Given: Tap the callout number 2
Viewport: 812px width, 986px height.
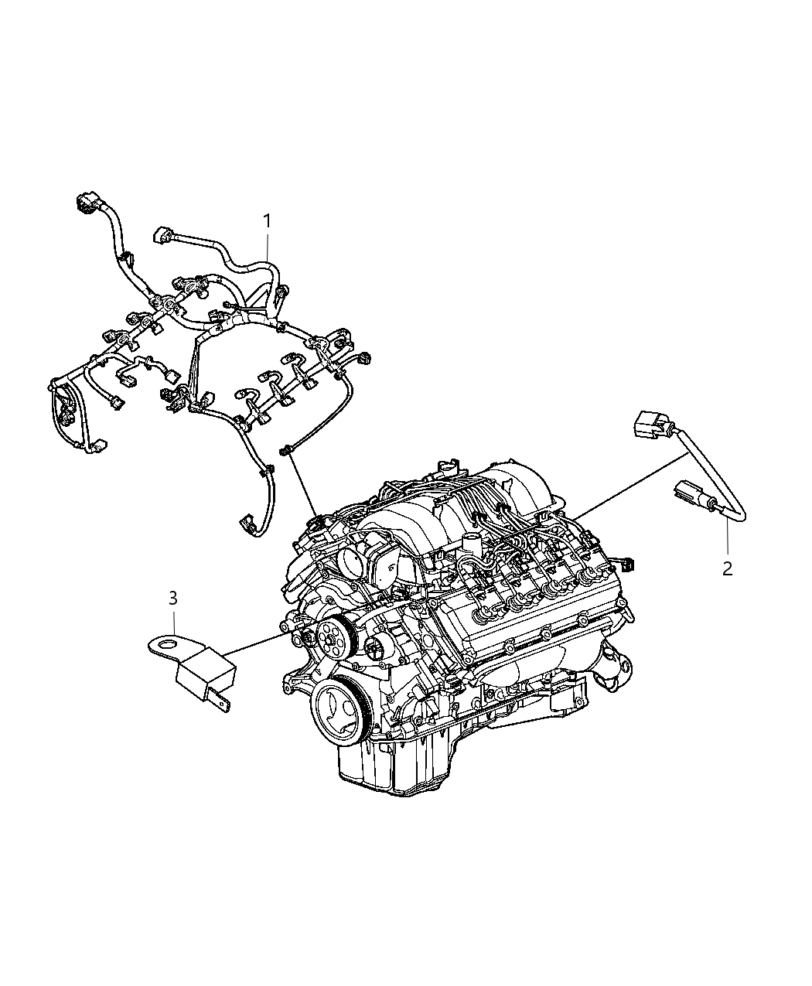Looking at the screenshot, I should [726, 568].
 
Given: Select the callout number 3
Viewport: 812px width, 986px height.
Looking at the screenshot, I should [173, 598].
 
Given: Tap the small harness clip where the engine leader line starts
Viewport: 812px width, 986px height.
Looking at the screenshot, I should [288, 449].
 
